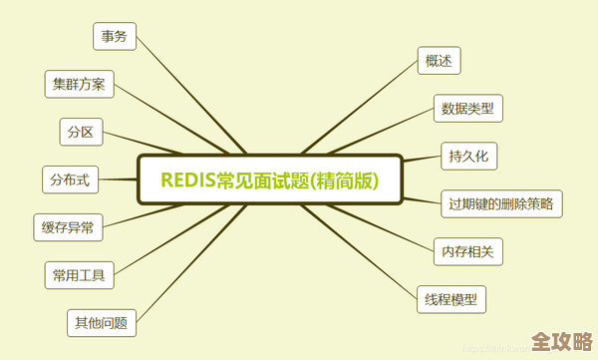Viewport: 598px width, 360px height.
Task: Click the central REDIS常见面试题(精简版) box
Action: (269, 180)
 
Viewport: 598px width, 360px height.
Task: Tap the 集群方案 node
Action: (80, 84)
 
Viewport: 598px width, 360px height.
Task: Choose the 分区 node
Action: (81, 132)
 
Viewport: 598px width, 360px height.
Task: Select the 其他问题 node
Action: (101, 322)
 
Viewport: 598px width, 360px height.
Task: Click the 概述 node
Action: (439, 61)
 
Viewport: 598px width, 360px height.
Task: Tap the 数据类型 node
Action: (467, 108)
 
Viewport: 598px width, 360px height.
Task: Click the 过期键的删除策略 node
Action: (502, 203)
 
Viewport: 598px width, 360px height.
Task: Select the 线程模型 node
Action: (450, 298)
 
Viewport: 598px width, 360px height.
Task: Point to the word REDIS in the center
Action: (190, 180)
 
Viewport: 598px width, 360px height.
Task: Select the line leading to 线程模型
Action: (375, 254)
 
